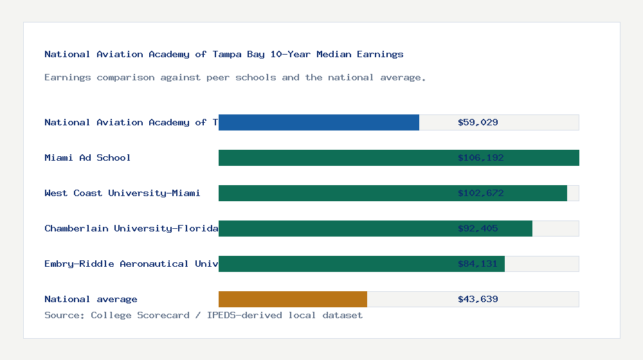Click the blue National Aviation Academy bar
point(319,122)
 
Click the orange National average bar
point(293,299)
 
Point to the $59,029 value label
point(478,122)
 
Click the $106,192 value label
point(478,157)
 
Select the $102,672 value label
point(478,193)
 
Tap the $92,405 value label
point(478,228)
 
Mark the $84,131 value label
point(478,264)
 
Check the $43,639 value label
point(478,299)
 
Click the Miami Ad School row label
point(87,157)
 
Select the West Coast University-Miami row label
point(122,193)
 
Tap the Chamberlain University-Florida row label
point(131,228)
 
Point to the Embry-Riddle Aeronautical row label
point(131,264)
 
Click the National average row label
point(91,299)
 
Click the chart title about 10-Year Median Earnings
point(224,55)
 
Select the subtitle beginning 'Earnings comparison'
point(235,78)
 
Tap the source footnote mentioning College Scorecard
point(203,316)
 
